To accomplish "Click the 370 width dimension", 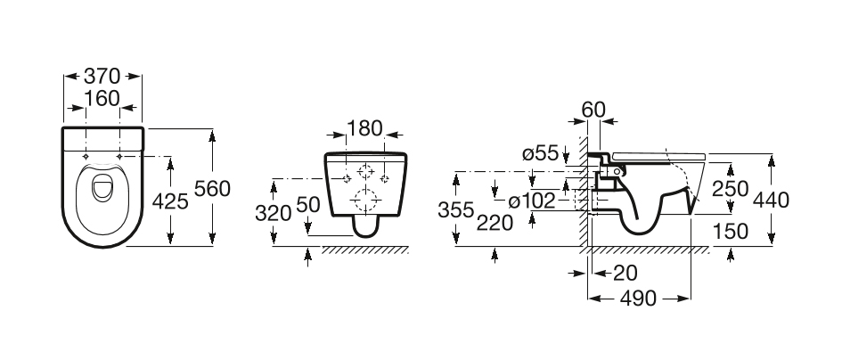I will tap(102, 77).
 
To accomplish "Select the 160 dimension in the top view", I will tap(102, 98).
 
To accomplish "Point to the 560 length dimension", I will tap(213, 189).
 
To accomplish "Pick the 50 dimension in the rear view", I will tap(307, 204).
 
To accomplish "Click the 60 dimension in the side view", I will tap(593, 110).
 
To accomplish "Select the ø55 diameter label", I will tap(541, 153).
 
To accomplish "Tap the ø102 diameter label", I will tap(532, 200).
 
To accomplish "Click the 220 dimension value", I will tap(496, 223).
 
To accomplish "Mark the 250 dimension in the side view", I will tap(731, 189).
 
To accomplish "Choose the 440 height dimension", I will tap(772, 200).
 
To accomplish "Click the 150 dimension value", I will tap(731, 231).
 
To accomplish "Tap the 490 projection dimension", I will tap(640, 299).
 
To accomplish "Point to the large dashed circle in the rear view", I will tap(365, 198).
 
